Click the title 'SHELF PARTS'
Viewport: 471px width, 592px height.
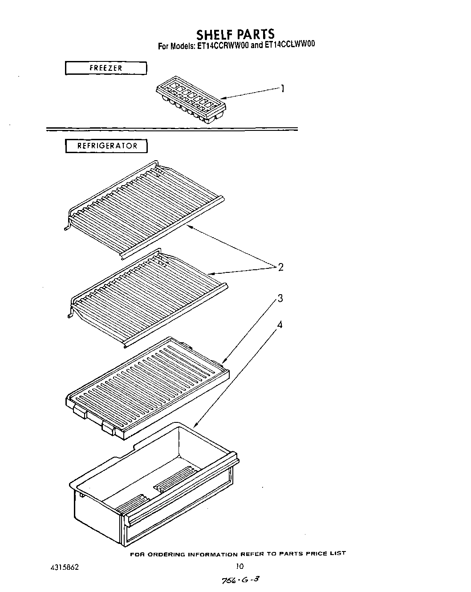click(235, 34)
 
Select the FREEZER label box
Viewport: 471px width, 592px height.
click(106, 68)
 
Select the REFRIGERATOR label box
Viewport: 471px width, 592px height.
click(106, 146)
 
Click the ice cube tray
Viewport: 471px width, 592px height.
click(191, 99)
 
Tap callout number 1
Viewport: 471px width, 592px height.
click(282, 89)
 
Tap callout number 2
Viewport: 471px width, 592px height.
click(280, 267)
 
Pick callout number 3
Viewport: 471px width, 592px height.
click(280, 298)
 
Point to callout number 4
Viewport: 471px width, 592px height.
click(280, 325)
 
